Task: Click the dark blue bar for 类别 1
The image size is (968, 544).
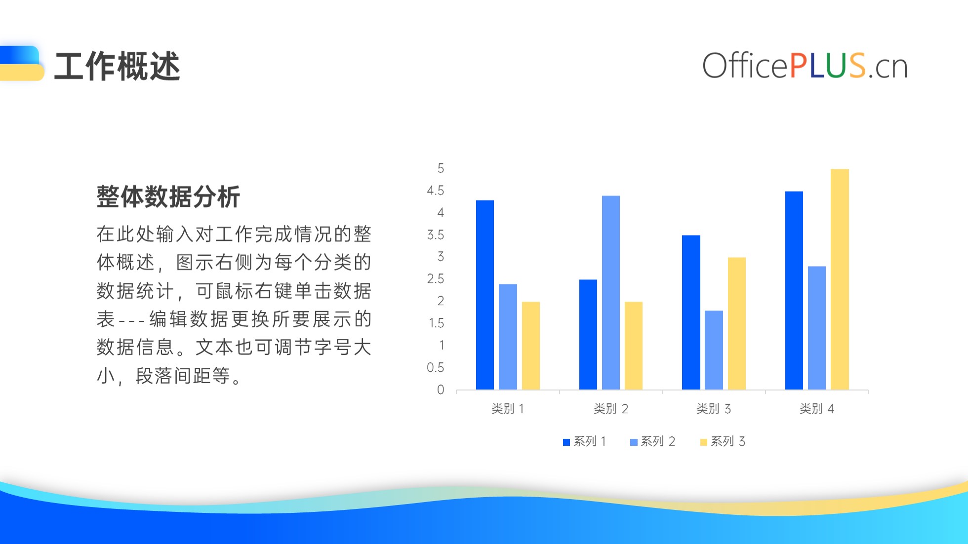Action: (x=485, y=295)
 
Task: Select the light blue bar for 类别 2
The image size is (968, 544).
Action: (x=611, y=293)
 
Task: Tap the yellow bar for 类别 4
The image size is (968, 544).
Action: (x=840, y=279)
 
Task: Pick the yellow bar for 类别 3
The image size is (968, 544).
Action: (x=737, y=323)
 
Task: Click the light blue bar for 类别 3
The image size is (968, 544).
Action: (x=714, y=350)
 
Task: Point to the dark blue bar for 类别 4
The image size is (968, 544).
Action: (x=794, y=290)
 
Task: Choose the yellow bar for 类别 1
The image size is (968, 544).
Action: (x=531, y=346)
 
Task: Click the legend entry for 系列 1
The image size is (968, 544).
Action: (x=584, y=441)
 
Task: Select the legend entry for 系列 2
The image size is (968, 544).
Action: (x=652, y=441)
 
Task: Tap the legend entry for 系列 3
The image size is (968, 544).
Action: (x=723, y=441)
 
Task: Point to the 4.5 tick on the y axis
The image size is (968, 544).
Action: (x=436, y=191)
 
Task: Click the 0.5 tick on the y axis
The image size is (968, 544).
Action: (x=436, y=368)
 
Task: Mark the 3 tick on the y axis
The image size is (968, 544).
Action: (x=441, y=257)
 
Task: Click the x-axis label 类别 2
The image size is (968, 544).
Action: (x=611, y=409)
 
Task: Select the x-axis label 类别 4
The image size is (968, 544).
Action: (x=817, y=409)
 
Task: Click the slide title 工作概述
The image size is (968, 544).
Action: (x=117, y=66)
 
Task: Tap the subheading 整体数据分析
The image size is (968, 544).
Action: (x=168, y=196)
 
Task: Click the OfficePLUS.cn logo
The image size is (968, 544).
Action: (x=805, y=66)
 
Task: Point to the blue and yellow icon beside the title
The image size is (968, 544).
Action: (x=22, y=63)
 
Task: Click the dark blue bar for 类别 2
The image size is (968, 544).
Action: (x=588, y=335)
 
